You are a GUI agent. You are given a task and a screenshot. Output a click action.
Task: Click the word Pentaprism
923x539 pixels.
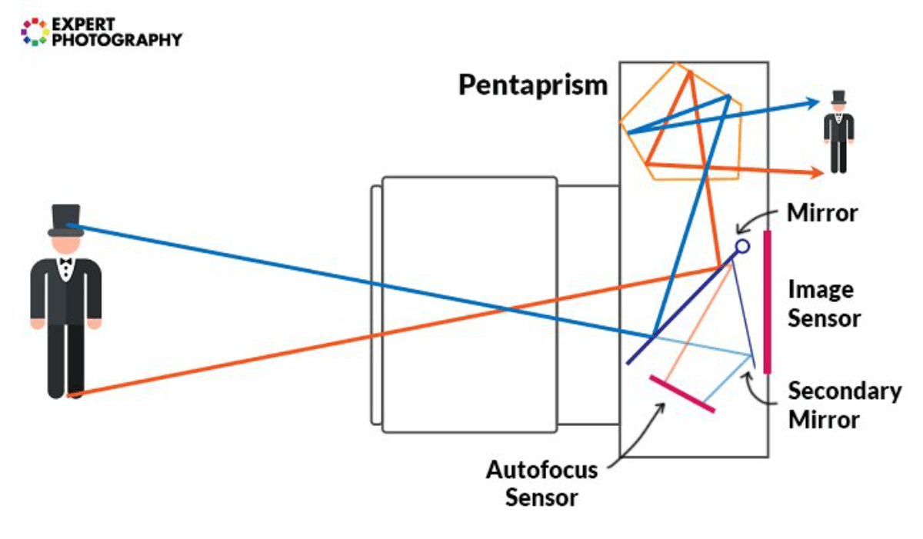[x=532, y=85]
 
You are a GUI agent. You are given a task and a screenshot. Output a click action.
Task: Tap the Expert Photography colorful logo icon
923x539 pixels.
[x=35, y=31]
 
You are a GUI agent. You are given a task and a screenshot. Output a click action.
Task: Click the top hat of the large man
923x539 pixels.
[x=65, y=218]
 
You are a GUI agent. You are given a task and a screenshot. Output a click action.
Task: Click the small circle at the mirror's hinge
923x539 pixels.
[x=741, y=247]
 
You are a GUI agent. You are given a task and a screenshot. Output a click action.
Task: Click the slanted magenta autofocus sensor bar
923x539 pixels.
[x=681, y=394]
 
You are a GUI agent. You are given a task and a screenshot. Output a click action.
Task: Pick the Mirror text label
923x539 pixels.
[x=821, y=213]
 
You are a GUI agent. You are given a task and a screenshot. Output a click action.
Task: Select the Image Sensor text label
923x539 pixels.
[x=823, y=304]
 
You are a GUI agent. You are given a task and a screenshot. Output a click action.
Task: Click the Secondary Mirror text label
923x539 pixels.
[x=844, y=405]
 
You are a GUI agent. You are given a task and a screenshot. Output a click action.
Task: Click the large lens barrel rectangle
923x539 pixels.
[x=469, y=304]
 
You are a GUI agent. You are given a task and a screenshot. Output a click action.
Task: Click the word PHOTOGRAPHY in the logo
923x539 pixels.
[x=116, y=39]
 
